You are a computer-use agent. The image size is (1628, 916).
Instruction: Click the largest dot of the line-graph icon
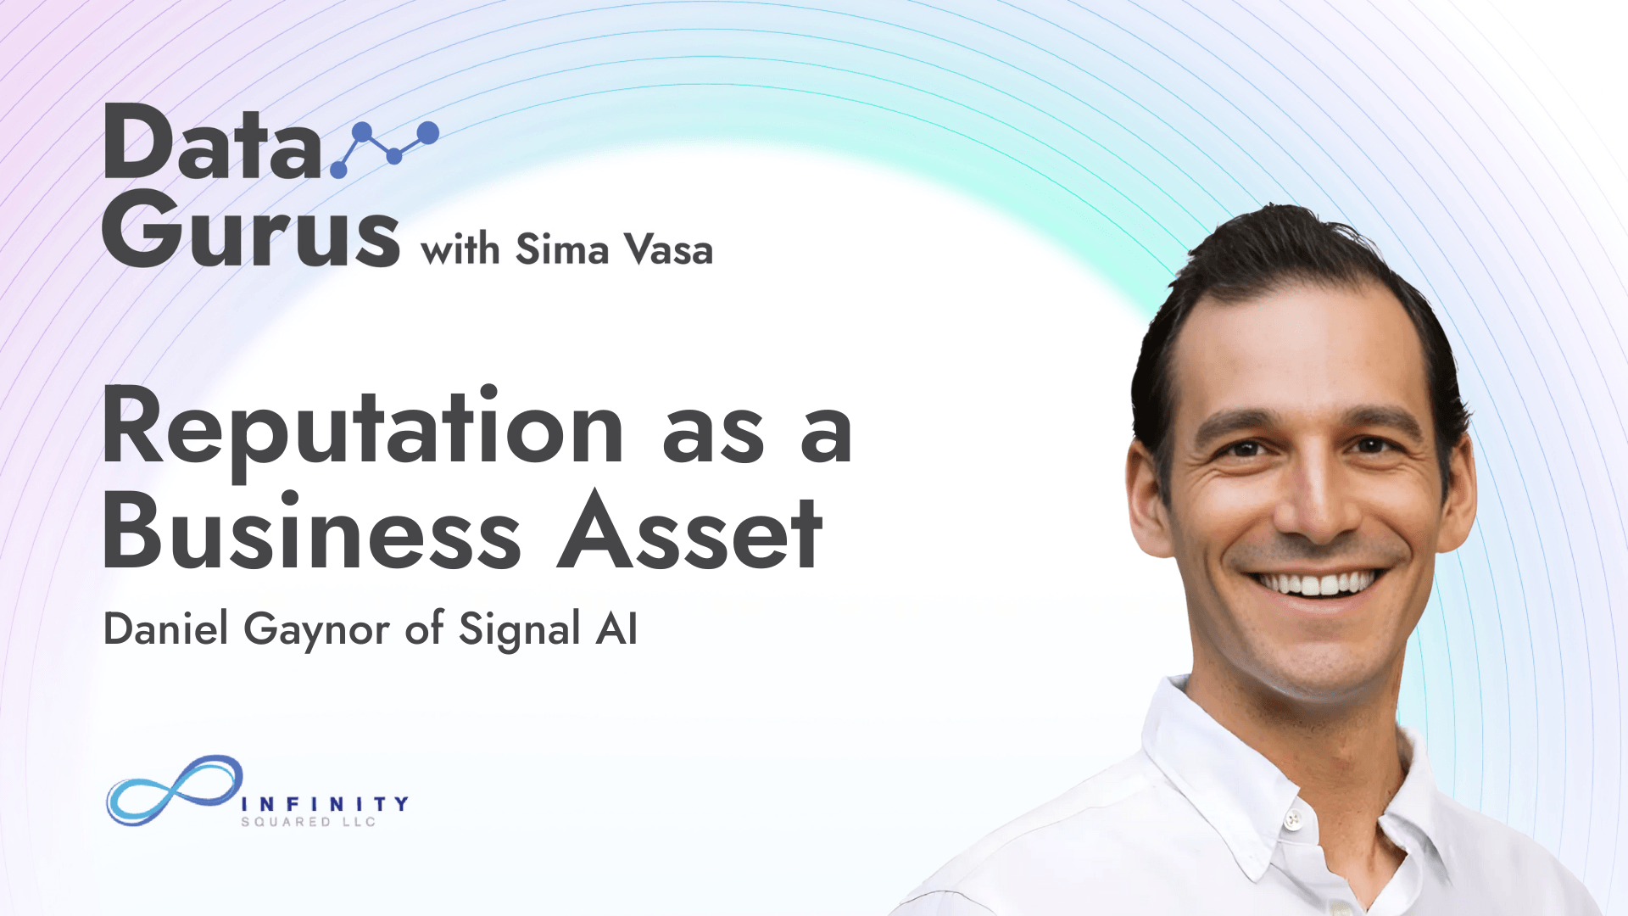click(428, 133)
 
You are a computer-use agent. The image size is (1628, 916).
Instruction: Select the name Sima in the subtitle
click(562, 249)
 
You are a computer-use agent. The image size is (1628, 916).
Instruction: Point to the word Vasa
click(669, 249)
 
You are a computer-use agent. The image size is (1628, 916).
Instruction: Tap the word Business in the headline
click(312, 533)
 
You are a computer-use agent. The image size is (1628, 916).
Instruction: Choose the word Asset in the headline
click(689, 533)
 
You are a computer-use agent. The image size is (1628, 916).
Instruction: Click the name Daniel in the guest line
click(166, 628)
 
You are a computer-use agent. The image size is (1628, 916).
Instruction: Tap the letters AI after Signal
click(616, 629)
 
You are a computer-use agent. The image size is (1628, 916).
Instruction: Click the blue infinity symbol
click(175, 790)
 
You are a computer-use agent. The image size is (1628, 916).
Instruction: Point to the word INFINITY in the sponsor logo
click(326, 803)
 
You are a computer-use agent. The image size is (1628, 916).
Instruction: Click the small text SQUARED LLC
click(309, 822)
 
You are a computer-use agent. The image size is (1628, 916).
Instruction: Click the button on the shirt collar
click(1292, 819)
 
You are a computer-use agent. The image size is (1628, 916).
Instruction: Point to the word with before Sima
click(460, 250)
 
